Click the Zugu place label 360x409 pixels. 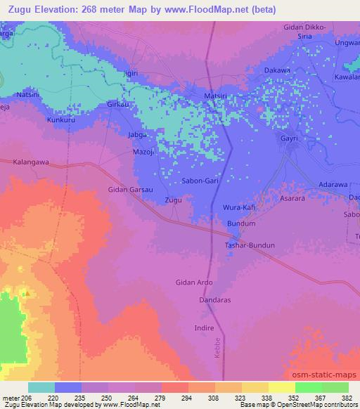pos(173,200)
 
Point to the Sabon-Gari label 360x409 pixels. pos(202,181)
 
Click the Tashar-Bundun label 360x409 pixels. pos(249,245)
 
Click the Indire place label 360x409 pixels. pos(204,328)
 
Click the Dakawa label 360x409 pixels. pos(276,71)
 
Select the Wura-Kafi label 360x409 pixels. pos(238,209)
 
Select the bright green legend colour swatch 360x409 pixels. pos(308,387)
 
